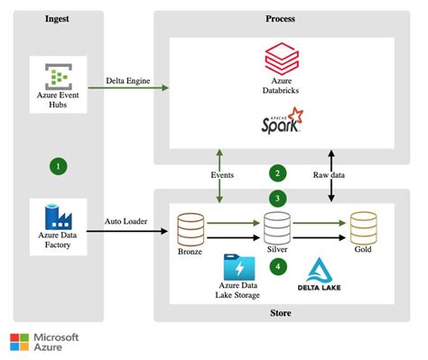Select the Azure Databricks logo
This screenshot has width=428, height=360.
pyautogui.click(x=281, y=60)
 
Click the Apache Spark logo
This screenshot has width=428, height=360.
pyautogui.click(x=281, y=119)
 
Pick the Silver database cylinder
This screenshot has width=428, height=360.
pyautogui.click(x=275, y=224)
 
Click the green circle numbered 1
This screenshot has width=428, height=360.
pyautogui.click(x=59, y=166)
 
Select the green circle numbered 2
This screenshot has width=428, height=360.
pyautogui.click(x=278, y=171)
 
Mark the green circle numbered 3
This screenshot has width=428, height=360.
pyautogui.click(x=278, y=198)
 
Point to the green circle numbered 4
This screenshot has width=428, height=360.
pyautogui.click(x=278, y=265)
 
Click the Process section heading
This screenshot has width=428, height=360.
pyautogui.click(x=281, y=19)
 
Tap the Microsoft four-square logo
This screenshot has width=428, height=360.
pyautogui.click(x=19, y=342)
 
